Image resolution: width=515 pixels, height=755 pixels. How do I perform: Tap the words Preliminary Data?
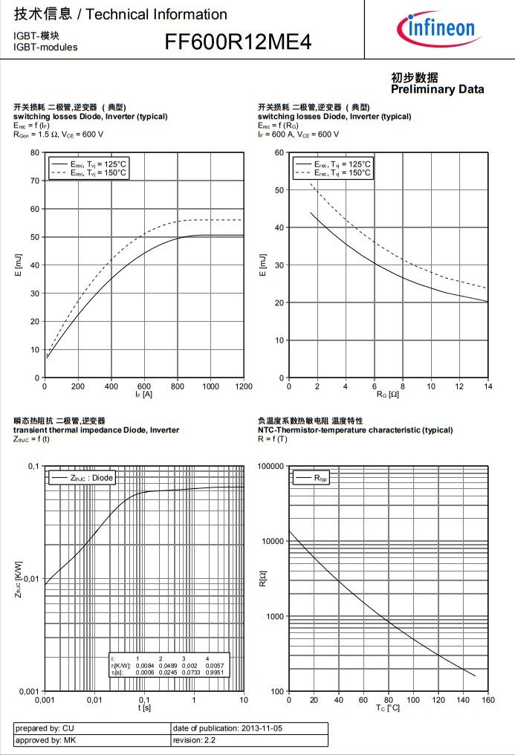tap(437, 89)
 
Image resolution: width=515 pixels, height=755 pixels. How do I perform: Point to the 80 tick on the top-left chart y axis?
tap(34, 153)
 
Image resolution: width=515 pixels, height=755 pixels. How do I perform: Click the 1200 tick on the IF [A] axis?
tap(243, 386)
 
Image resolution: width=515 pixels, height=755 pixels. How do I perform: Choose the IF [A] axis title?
tap(143, 394)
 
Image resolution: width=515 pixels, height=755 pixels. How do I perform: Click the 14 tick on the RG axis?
tap(488, 386)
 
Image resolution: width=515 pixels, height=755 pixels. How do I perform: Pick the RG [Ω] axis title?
tap(388, 395)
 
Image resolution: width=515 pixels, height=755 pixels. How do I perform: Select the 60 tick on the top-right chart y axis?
tap(279, 153)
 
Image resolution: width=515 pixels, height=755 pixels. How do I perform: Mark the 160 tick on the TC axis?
tap(488, 700)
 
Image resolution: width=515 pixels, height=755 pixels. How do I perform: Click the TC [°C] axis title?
tap(388, 708)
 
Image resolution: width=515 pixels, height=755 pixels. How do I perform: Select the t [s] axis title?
tap(144, 707)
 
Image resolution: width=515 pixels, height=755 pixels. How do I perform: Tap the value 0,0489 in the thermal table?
tap(167, 665)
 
